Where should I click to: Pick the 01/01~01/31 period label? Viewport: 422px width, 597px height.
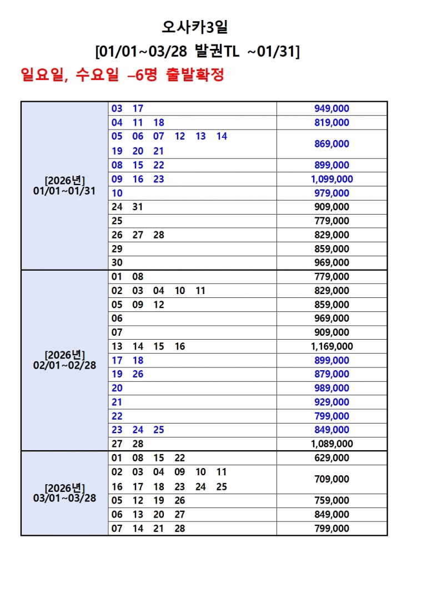click(64, 191)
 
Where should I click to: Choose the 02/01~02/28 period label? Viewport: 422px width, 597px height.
click(64, 366)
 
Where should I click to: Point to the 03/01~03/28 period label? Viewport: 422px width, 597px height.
click(64, 498)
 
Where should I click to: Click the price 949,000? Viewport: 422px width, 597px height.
click(331, 109)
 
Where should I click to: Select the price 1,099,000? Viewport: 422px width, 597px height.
click(331, 179)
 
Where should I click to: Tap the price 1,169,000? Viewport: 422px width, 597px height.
click(331, 346)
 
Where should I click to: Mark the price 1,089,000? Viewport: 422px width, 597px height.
click(331, 444)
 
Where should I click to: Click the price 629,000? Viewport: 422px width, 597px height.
click(331, 458)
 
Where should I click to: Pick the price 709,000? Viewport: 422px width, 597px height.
click(331, 479)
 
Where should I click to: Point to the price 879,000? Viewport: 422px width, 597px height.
click(331, 374)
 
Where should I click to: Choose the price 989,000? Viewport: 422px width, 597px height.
click(331, 388)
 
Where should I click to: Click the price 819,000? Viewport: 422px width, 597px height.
click(331, 123)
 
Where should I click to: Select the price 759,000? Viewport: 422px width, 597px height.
click(331, 500)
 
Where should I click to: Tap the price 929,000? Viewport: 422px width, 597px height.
click(331, 402)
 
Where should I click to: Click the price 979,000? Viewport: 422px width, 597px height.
click(331, 193)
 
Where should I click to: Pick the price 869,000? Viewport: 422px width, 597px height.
click(331, 144)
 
